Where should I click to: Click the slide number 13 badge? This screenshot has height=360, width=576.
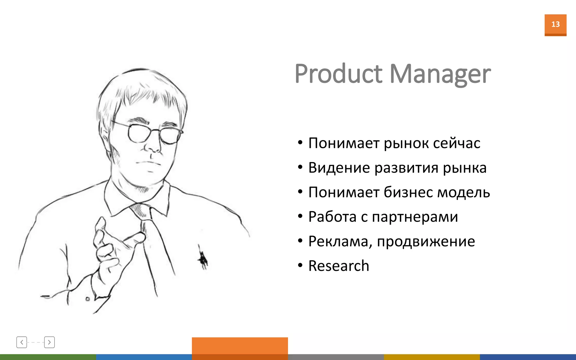[555, 25]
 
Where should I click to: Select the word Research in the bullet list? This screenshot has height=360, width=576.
[339, 266]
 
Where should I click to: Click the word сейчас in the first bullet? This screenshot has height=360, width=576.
[456, 143]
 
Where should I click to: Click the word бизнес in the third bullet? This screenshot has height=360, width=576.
[408, 192]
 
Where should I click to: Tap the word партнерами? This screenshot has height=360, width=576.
[415, 217]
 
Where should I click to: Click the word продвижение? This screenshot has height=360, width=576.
[426, 242]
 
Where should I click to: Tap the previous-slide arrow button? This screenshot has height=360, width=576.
[22, 342]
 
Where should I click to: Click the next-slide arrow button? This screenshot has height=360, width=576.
[49, 342]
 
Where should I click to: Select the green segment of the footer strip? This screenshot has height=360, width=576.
[48, 357]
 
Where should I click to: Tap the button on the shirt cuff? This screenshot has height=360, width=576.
[87, 299]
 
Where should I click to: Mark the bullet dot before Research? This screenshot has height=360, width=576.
[300, 265]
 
